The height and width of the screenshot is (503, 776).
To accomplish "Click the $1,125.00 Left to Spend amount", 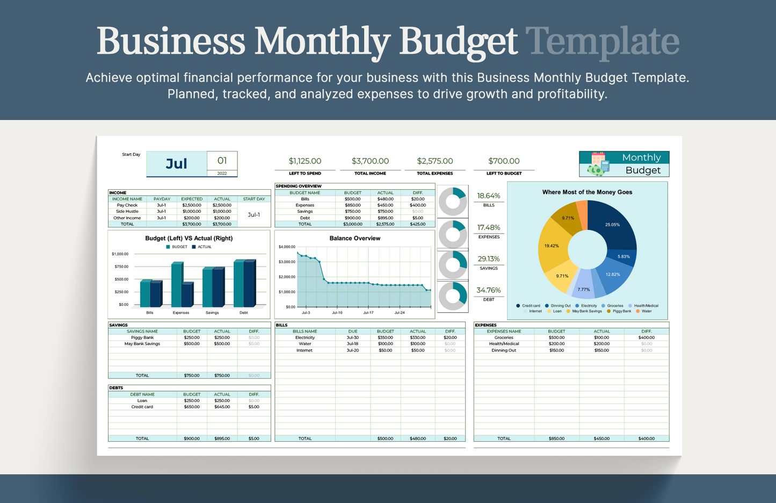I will (x=305, y=161).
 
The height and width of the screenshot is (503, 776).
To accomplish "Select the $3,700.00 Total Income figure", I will (x=370, y=161).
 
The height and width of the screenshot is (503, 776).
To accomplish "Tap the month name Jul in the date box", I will (x=176, y=164).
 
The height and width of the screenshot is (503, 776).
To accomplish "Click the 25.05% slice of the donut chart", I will (x=614, y=224).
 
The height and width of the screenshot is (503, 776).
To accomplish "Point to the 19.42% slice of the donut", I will (x=552, y=246).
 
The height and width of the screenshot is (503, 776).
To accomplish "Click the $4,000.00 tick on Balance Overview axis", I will (x=287, y=247).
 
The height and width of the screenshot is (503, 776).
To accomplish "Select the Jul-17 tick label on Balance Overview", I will (x=368, y=312).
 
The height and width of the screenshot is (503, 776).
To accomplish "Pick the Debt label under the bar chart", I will (x=243, y=312).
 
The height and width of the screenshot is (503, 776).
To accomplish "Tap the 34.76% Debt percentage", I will (x=488, y=290).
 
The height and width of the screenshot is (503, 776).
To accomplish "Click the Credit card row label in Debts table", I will (x=142, y=407).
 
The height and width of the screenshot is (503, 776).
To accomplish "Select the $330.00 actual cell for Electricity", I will (x=417, y=337).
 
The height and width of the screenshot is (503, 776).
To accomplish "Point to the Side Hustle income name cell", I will (x=127, y=211).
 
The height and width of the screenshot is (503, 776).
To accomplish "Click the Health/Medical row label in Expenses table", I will (x=504, y=344).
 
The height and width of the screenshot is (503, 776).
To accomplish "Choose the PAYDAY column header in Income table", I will (x=162, y=199).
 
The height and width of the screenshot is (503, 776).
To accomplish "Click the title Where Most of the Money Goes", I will (x=587, y=192).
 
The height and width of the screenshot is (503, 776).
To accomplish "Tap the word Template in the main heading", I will (x=602, y=41).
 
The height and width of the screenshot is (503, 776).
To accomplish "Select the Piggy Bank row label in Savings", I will (x=142, y=337).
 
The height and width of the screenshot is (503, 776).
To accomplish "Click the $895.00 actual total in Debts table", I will (x=222, y=439).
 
